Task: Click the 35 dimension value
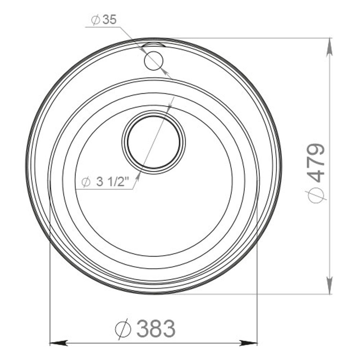coord(109,20)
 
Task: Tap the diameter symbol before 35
coord(95,20)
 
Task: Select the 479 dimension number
coord(317,163)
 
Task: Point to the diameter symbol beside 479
coord(317,195)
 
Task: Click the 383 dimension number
coord(156,328)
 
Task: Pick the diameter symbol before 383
coord(123,329)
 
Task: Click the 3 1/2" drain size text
coord(112,182)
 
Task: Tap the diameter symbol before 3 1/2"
coord(86,182)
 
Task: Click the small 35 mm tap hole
coord(154,61)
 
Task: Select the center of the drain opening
coord(154,142)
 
